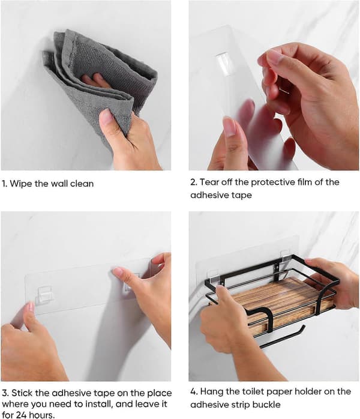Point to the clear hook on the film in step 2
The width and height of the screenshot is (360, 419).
coord(223,64)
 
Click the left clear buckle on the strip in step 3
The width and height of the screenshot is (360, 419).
coord(44,295)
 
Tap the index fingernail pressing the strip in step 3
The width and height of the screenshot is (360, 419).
coord(117,272)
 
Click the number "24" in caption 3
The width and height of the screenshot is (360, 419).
coord(22,415)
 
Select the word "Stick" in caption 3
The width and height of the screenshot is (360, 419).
coord(22,393)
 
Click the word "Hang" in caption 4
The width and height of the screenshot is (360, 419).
coord(211,392)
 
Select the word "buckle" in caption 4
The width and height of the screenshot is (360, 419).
coord(266,405)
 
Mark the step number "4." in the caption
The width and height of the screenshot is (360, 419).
coord(194,392)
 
